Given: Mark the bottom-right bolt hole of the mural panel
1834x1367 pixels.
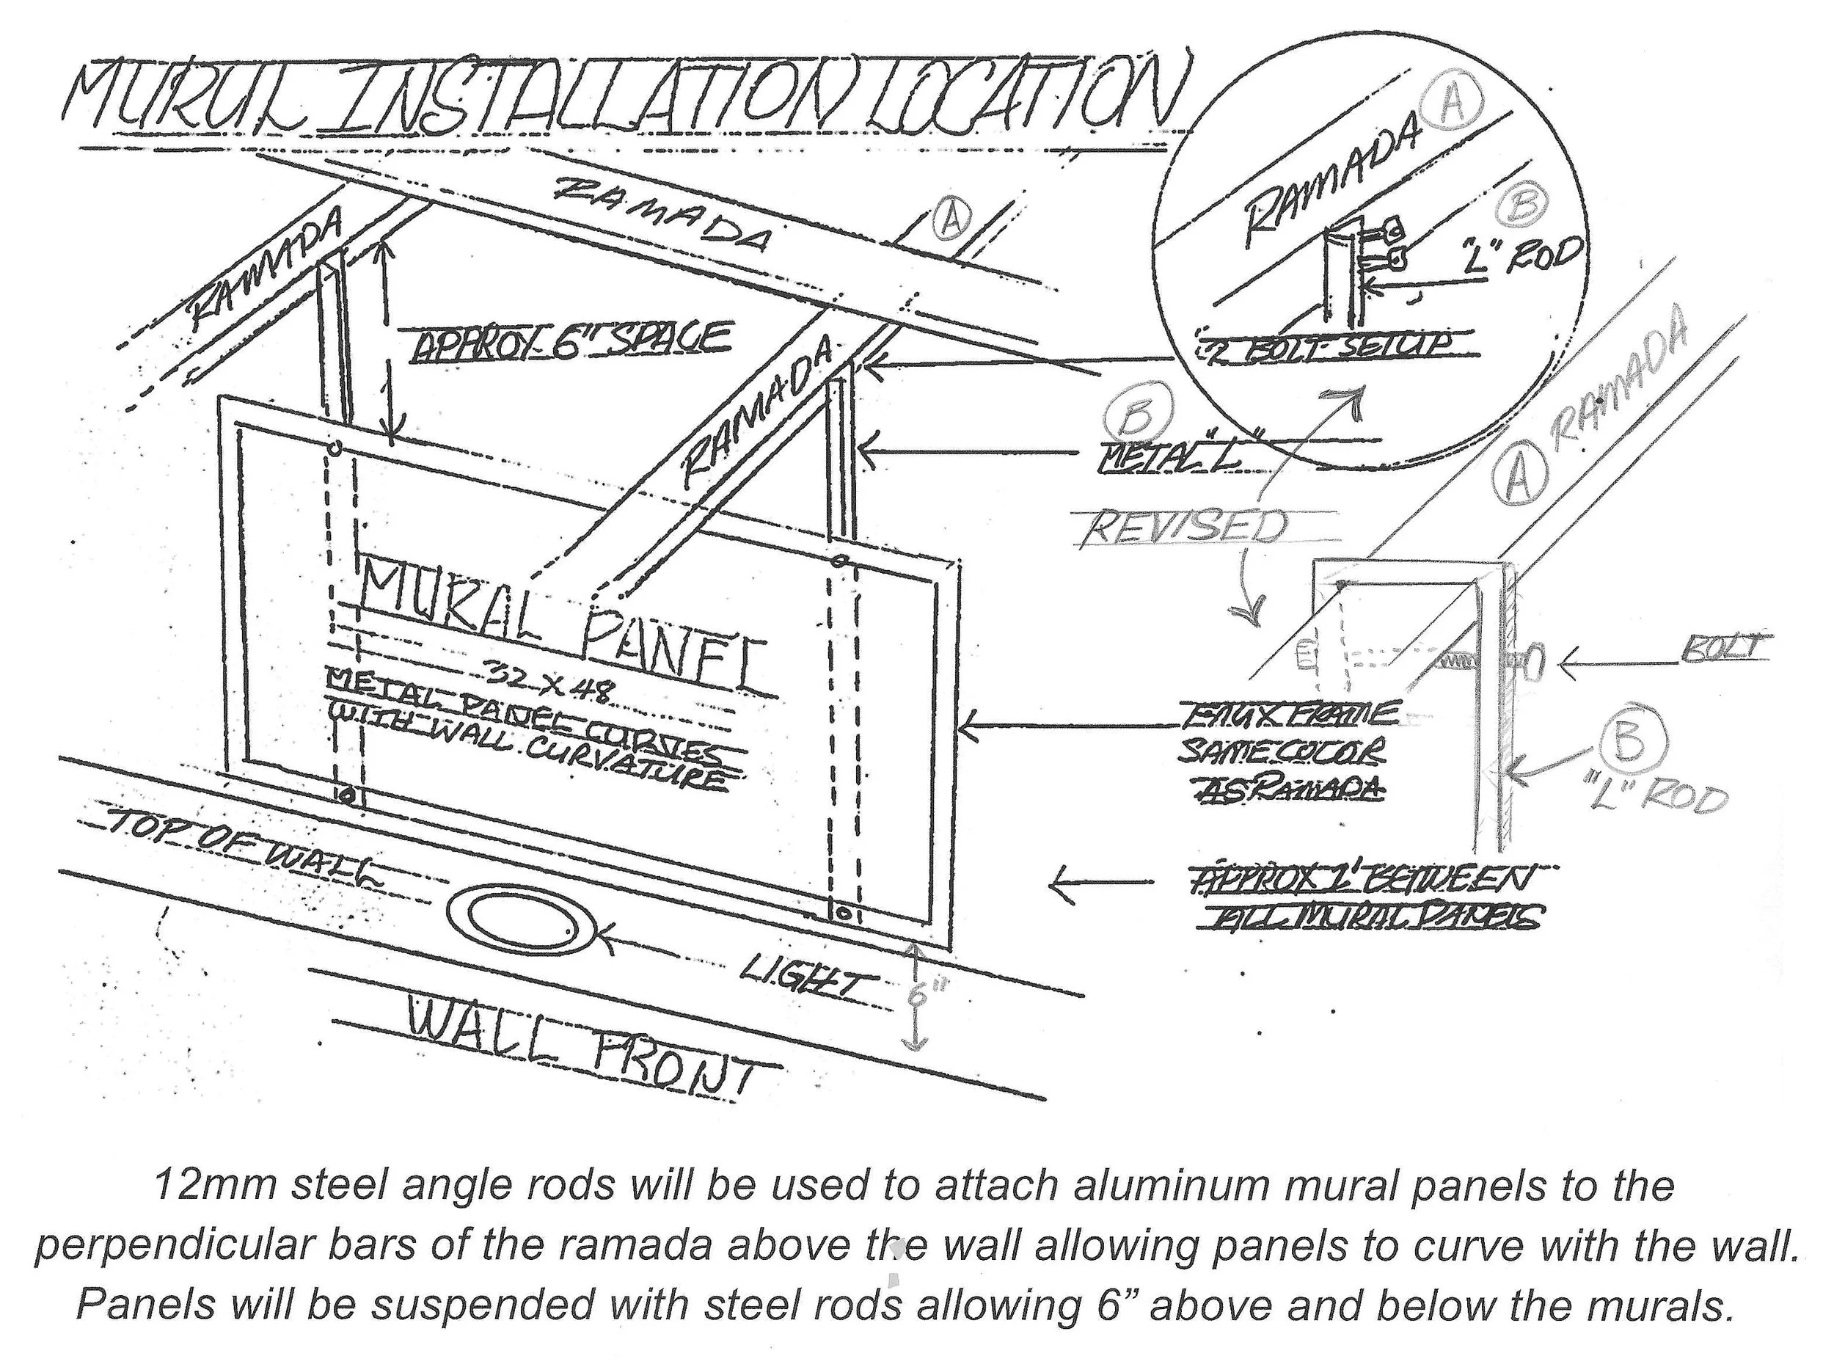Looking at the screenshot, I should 843,915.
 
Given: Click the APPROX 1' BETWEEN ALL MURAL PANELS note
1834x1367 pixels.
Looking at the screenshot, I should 1356,898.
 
